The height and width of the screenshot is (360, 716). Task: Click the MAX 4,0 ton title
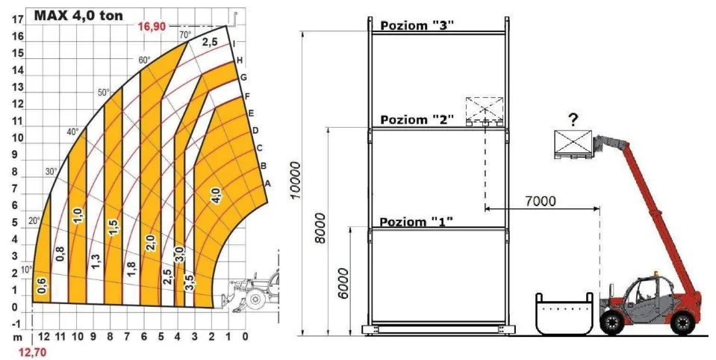[x=78, y=16]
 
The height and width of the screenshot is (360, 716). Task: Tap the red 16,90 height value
[x=152, y=26]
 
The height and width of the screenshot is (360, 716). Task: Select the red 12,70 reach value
[x=32, y=353]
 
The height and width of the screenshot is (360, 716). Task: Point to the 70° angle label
[x=185, y=34]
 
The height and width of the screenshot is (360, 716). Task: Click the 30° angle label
[x=51, y=171]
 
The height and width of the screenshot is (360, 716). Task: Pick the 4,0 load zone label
[x=216, y=195]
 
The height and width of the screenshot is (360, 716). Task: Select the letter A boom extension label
[x=268, y=184]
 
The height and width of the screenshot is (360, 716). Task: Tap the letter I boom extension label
[x=234, y=44]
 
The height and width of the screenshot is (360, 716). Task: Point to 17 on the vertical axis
[x=18, y=19]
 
